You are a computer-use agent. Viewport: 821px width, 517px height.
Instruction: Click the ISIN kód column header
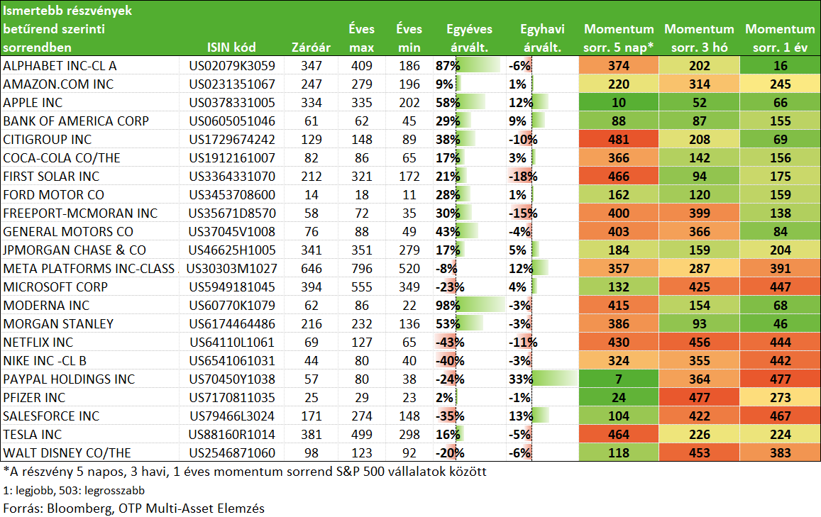click(x=231, y=48)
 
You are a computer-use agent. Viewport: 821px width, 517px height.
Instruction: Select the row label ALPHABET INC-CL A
click(x=60, y=66)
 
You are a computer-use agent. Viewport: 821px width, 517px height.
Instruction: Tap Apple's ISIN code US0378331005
click(x=232, y=103)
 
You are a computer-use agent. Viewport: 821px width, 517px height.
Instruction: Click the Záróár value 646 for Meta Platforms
click(x=311, y=269)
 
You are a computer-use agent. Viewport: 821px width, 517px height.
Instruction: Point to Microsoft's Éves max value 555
click(x=361, y=287)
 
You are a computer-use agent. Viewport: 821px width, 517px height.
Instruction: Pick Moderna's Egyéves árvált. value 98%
click(x=448, y=305)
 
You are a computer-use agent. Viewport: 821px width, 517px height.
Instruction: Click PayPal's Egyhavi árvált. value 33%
click(x=521, y=379)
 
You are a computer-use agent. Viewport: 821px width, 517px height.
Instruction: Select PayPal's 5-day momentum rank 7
click(x=618, y=379)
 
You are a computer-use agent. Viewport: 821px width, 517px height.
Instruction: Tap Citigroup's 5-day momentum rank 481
click(x=618, y=139)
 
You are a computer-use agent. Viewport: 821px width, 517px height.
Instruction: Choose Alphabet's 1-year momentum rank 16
click(x=780, y=66)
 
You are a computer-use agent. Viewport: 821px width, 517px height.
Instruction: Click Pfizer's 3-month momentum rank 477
click(x=699, y=398)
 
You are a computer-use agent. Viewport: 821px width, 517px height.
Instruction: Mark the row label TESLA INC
click(x=33, y=434)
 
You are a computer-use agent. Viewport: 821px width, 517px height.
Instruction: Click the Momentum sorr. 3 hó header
click(x=699, y=38)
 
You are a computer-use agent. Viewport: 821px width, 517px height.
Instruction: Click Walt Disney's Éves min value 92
click(x=409, y=453)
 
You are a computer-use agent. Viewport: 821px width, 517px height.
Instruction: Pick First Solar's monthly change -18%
click(x=523, y=177)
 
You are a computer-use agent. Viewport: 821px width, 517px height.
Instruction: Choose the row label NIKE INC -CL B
click(x=45, y=360)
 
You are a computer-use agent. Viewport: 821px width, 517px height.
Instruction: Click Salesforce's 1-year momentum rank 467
click(x=780, y=416)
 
